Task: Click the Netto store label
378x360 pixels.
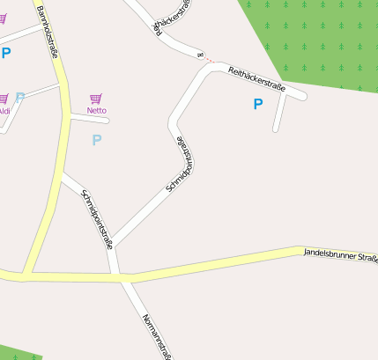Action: point(97,110)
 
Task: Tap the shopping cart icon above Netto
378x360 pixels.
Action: point(96,99)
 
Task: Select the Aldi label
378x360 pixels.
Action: point(4,111)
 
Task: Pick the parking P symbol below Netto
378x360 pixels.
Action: point(97,139)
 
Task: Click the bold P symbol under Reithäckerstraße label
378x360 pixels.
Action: point(258,105)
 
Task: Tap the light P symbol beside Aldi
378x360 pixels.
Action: point(20,98)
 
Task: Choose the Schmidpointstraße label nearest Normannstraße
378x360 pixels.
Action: point(96,219)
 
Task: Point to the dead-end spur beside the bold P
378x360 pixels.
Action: point(279,113)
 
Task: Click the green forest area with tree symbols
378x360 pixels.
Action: point(317,40)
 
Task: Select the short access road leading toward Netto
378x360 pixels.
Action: point(88,119)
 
